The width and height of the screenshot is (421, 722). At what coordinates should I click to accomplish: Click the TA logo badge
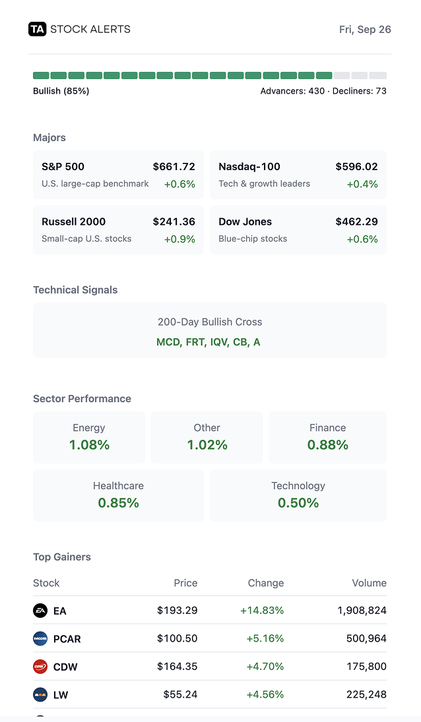38,29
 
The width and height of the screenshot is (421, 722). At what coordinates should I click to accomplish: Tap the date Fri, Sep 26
365,29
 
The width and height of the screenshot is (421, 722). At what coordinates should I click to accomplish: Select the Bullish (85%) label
61,91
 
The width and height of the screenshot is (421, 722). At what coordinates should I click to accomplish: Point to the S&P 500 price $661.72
174,167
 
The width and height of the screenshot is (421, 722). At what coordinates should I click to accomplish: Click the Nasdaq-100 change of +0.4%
362,184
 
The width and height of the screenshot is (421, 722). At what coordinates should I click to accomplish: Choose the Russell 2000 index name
73,222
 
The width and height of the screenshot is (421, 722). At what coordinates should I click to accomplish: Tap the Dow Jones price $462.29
356,222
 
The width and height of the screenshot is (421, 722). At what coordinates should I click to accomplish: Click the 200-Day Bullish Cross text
210,322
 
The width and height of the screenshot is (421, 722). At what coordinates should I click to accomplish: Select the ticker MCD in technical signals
168,342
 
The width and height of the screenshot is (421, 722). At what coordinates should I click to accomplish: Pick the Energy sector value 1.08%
89,445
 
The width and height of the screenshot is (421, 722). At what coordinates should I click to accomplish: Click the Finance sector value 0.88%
327,445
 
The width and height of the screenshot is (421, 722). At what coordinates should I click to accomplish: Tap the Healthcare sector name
118,486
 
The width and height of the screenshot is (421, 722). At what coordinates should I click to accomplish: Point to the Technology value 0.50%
298,503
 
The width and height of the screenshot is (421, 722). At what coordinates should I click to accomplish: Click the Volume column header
369,583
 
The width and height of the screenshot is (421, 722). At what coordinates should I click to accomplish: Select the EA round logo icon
40,611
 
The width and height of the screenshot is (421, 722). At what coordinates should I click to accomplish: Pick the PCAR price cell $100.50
177,638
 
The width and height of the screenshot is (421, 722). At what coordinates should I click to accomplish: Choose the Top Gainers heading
62,557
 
